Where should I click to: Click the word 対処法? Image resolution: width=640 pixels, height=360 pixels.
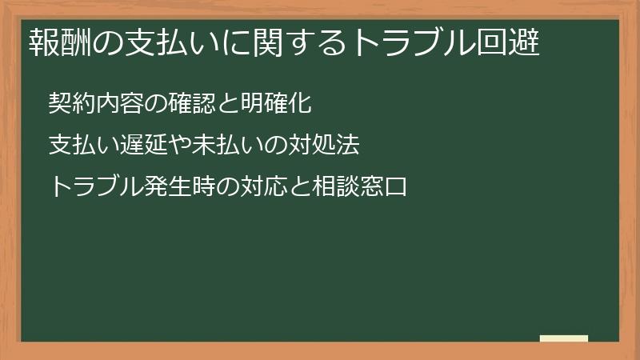click(325, 146)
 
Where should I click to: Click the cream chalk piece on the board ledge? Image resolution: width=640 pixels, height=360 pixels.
click(564, 338)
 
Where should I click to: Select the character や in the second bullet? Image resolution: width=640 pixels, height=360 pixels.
click(177, 146)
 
